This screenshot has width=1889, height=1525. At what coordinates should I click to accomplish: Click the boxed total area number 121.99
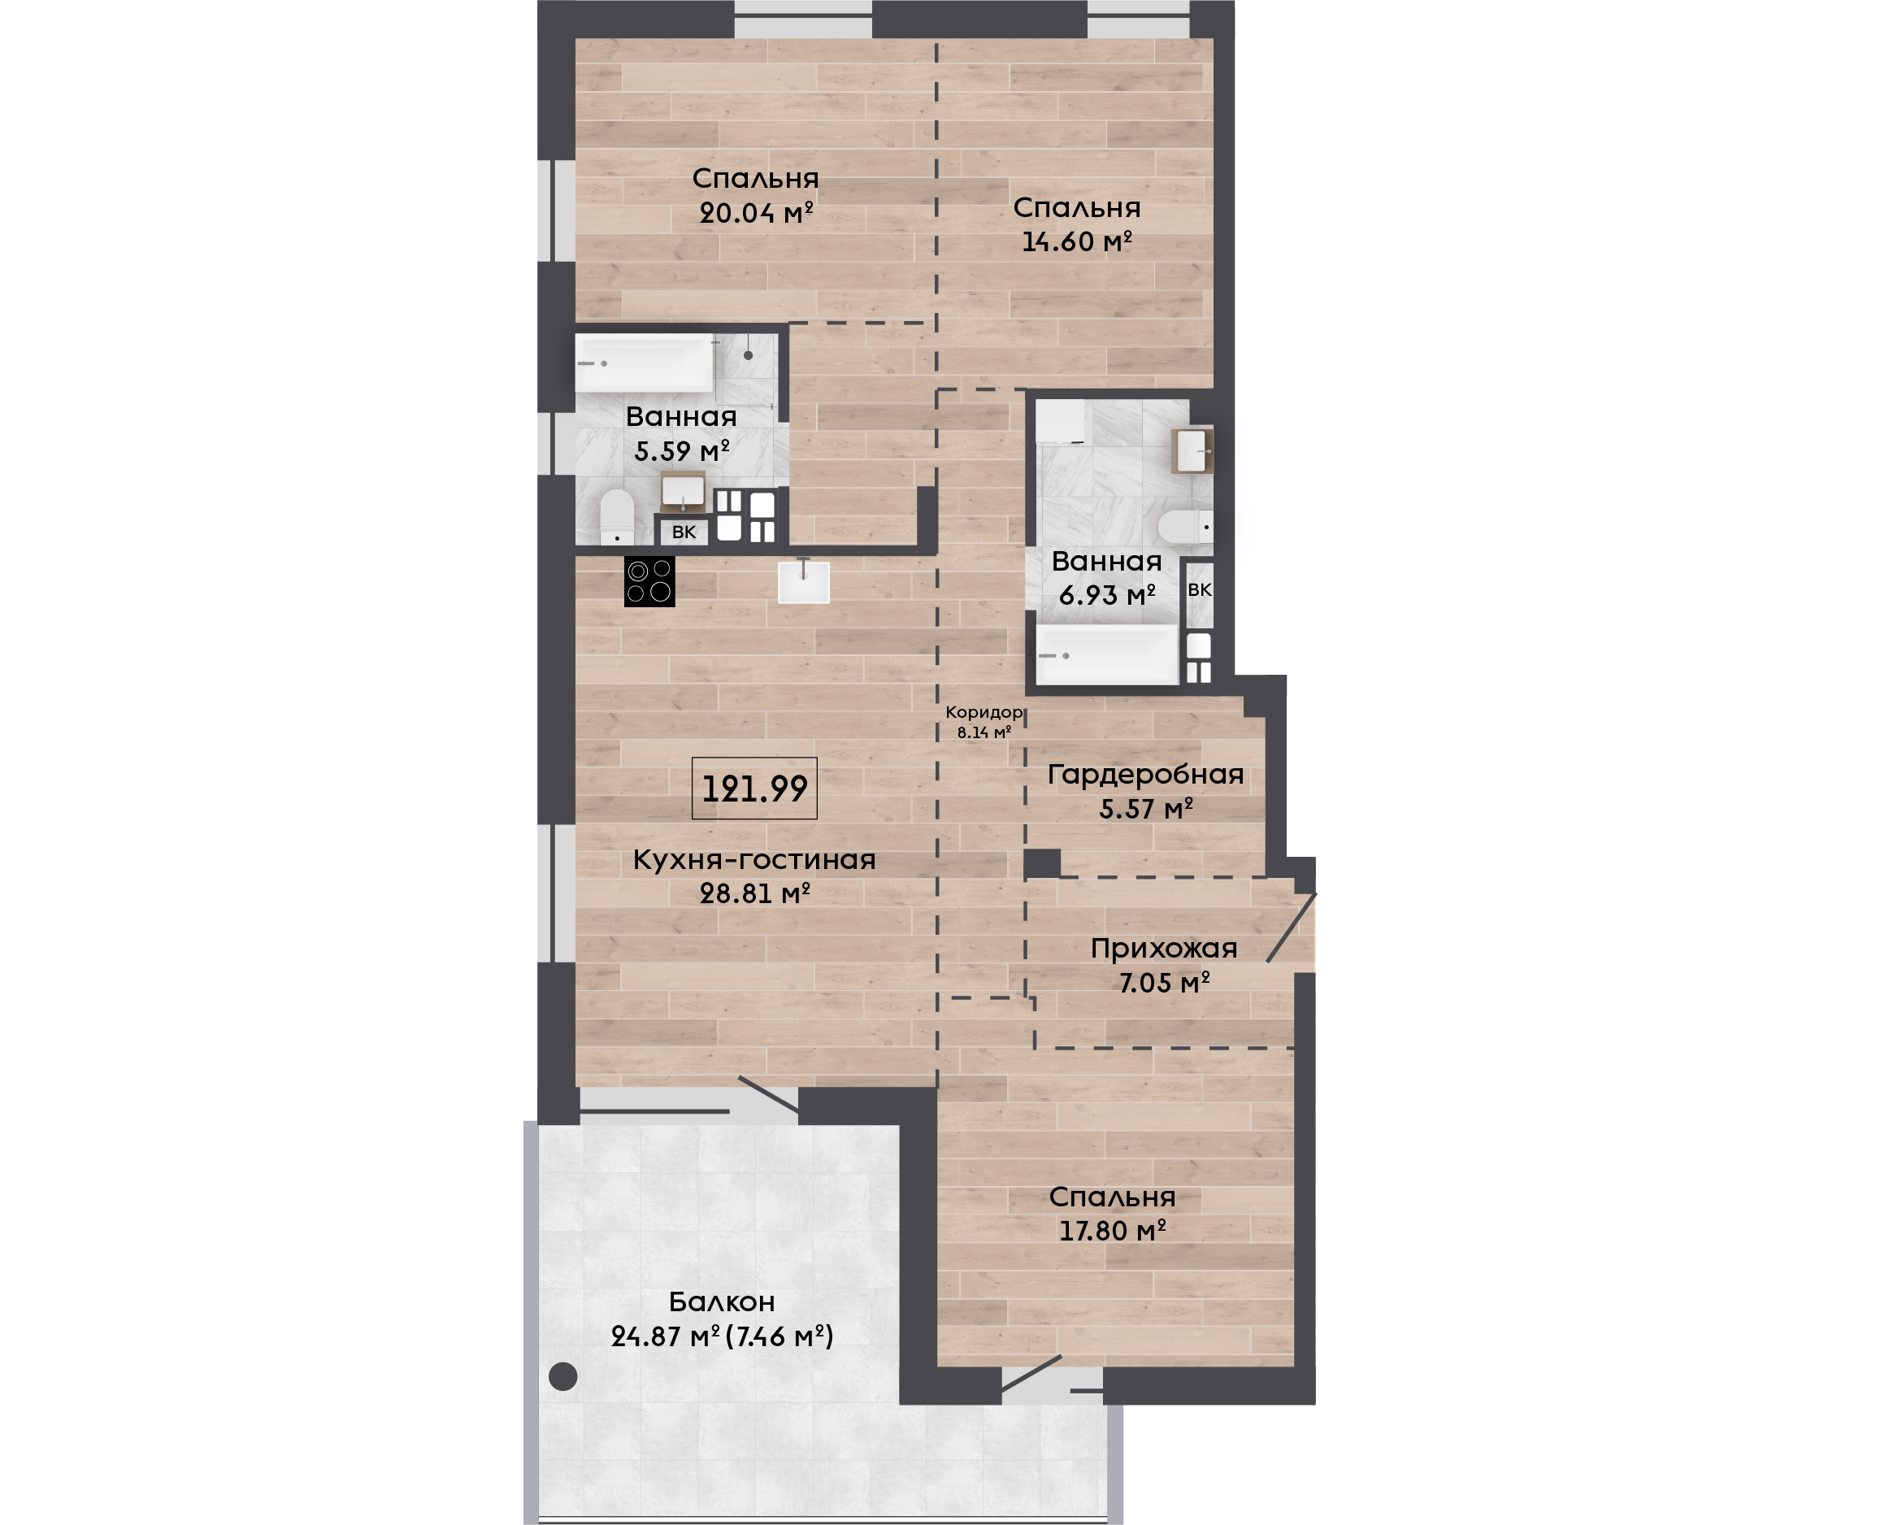coord(754,789)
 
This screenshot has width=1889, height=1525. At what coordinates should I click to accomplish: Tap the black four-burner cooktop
coord(650,581)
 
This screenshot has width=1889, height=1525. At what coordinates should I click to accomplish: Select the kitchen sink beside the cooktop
coord(804,581)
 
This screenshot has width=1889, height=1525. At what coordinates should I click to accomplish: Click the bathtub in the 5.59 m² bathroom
coord(645,363)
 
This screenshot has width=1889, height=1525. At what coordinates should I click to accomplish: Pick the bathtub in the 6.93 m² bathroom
coord(1107,655)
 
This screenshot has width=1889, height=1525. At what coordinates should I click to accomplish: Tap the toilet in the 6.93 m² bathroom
coord(1186,527)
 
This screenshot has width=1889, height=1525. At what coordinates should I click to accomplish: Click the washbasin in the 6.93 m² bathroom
coord(1192,451)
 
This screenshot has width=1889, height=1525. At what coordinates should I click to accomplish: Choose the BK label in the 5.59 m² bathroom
coord(684,532)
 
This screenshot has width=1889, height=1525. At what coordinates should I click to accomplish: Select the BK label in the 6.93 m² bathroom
coord(1200,590)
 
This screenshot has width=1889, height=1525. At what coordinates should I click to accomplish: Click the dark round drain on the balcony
coord(563,1375)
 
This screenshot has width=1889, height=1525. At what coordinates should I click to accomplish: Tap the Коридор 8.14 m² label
coord(984,721)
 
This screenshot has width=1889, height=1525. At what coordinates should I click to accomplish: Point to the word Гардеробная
coord(1145,775)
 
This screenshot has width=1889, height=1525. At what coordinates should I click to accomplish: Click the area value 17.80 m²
coord(1112,1231)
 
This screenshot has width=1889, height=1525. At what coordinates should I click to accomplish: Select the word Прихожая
coord(1164,949)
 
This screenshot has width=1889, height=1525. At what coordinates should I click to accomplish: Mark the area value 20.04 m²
coord(756,213)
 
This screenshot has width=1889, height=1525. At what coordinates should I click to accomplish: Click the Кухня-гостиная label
coord(754,860)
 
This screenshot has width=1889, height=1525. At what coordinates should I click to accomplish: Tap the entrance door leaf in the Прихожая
coord(1291,928)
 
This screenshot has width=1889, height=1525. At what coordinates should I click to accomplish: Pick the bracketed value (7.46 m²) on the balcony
coord(779,1336)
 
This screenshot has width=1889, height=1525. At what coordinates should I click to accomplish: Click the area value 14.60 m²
coord(1077,241)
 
